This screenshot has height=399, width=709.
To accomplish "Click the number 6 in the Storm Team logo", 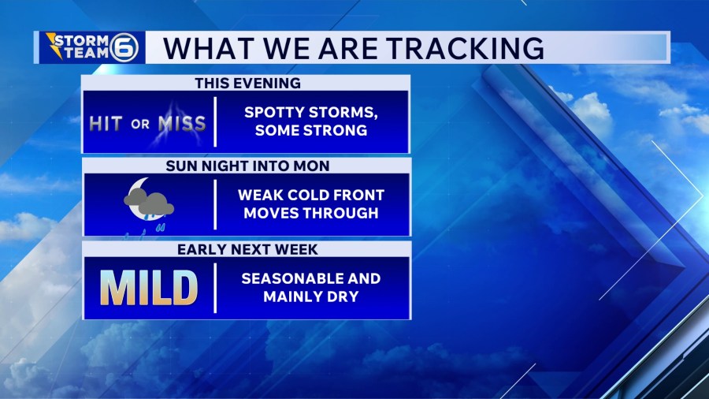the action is click(124, 47).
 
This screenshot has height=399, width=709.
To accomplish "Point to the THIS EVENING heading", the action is click(248, 83).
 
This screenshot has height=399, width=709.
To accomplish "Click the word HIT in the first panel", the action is click(106, 124).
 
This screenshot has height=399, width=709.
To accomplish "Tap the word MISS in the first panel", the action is click(182, 124).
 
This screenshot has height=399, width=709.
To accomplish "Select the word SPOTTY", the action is click(276, 112).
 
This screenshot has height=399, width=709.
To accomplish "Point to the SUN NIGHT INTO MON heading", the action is click(247, 166).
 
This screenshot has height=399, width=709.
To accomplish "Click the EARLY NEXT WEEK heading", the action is click(247, 250).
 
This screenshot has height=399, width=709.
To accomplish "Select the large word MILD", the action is click(149, 288).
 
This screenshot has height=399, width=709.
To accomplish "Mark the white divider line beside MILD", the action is click(215, 288).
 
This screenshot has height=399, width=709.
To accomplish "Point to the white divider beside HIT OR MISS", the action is click(215, 121).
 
